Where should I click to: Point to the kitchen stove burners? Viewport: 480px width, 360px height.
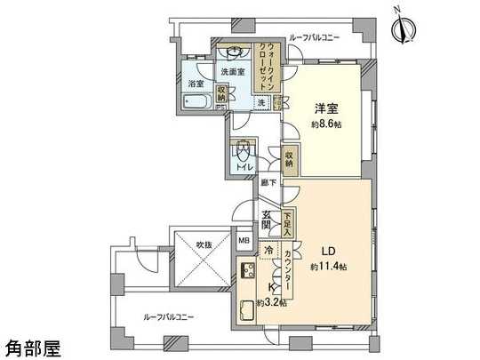(x=246, y=274)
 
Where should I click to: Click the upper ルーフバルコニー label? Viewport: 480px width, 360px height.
(x=312, y=40)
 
